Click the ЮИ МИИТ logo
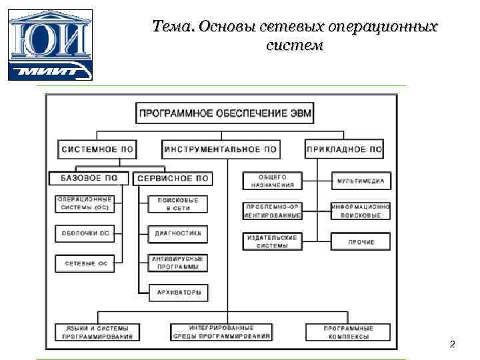50,45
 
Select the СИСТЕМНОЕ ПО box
97,149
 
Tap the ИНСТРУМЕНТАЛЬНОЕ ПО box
221,149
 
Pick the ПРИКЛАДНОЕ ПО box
344,149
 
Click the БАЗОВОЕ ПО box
89,178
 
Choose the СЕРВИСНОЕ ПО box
173,178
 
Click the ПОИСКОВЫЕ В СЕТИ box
178,203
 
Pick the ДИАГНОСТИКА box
178,234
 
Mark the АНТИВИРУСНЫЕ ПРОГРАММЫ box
178,263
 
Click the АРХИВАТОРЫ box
178,292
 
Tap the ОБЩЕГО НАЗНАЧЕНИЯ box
272,181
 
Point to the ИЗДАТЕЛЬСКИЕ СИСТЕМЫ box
272,241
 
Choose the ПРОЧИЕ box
361,241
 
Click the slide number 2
453,344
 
